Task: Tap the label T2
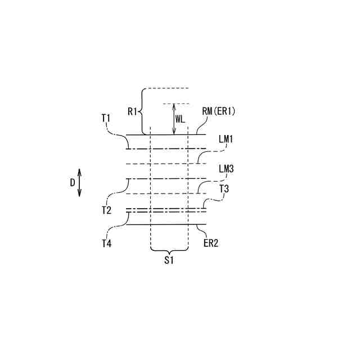[x=106, y=210]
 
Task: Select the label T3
[x=224, y=189]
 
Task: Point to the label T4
[x=106, y=243]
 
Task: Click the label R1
[x=132, y=111]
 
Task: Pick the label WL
[x=180, y=119]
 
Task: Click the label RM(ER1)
[x=218, y=111]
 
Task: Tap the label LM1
[x=226, y=138]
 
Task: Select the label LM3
[x=226, y=168]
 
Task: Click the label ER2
[x=211, y=243]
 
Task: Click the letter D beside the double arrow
[x=72, y=182]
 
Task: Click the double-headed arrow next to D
[x=79, y=182]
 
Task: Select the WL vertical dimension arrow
[x=174, y=119]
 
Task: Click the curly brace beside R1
[x=141, y=111]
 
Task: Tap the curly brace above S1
[x=169, y=250]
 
